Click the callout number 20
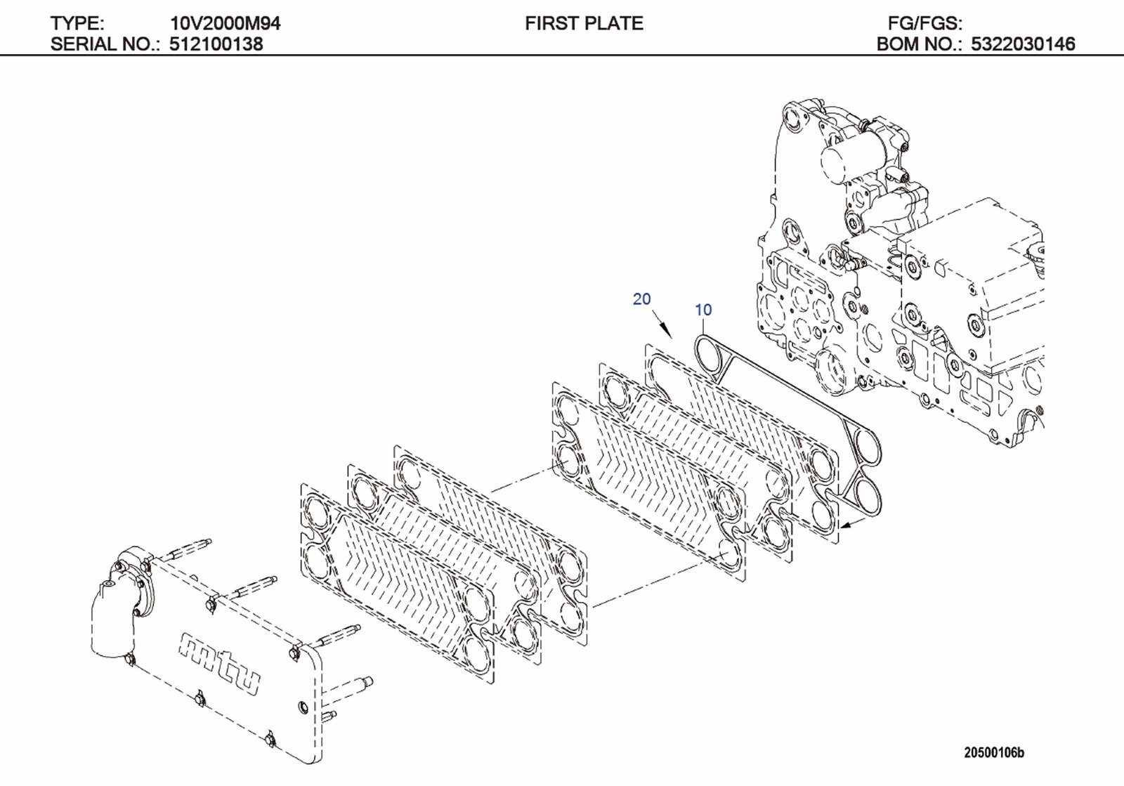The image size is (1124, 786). (641, 299)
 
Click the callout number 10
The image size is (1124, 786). (703, 310)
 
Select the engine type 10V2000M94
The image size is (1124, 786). (225, 23)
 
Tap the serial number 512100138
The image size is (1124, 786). (216, 44)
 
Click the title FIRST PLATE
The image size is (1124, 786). (584, 23)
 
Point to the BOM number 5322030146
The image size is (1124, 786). (1023, 44)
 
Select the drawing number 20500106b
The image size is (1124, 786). (993, 753)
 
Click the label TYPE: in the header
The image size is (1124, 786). (77, 23)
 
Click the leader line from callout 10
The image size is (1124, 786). (703, 327)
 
